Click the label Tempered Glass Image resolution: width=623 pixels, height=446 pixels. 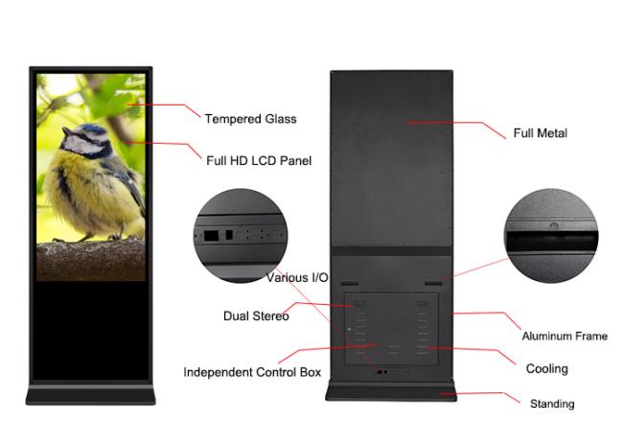[250, 119]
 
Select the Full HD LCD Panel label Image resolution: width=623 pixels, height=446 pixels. [259, 160]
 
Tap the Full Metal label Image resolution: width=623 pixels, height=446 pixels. [539, 133]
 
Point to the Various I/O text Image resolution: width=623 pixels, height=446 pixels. [297, 278]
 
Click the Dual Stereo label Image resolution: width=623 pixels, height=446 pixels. [256, 316]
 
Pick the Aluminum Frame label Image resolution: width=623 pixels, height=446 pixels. [564, 337]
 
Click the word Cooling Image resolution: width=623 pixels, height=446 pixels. [546, 369]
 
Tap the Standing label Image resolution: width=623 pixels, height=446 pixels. [552, 404]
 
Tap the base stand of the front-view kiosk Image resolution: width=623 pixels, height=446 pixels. [91, 393]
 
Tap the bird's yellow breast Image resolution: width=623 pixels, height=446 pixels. [86, 192]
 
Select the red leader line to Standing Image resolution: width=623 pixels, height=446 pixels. [479, 393]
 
